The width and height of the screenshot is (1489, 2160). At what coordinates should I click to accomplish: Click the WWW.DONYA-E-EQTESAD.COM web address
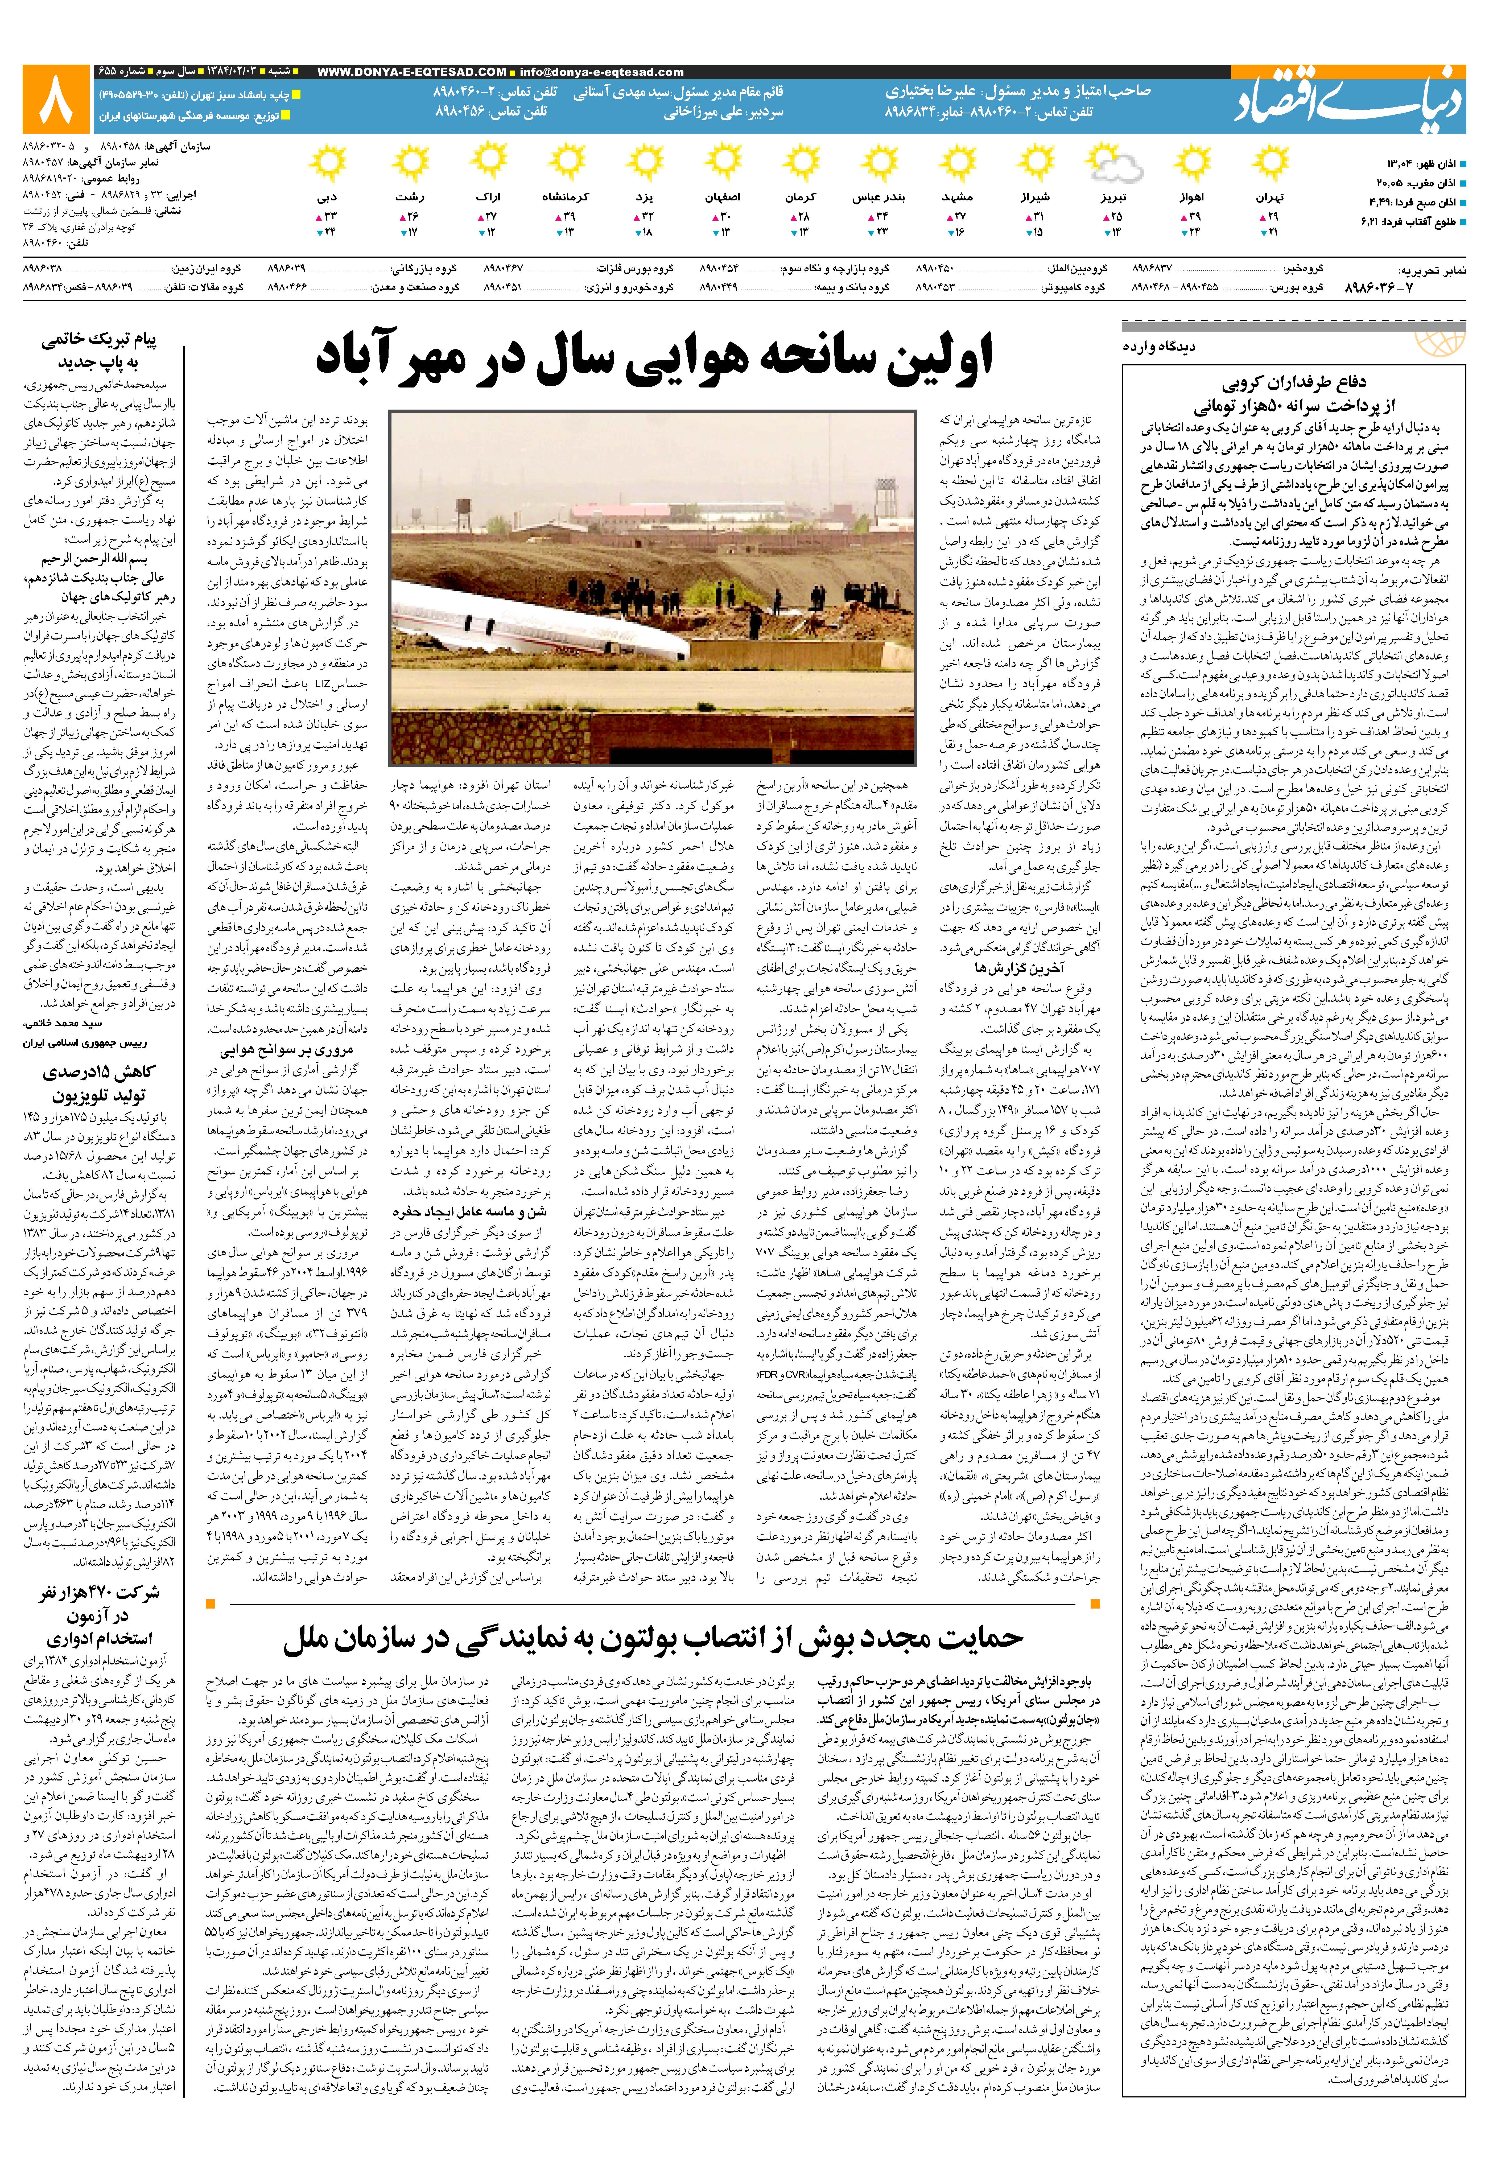(411, 72)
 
